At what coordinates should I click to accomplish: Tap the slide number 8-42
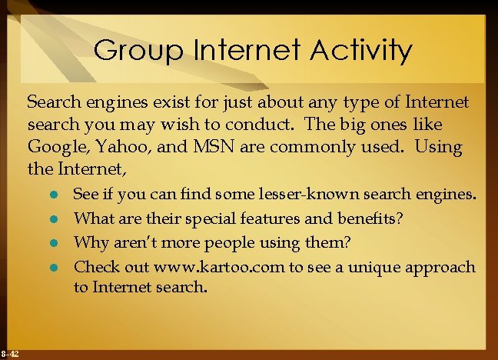click(x=11, y=353)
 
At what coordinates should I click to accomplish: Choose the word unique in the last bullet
click(x=389, y=267)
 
